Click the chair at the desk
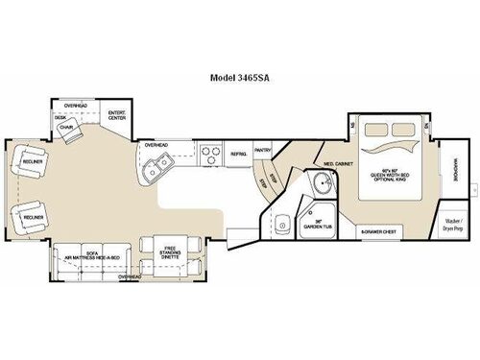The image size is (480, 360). click(67, 132)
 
